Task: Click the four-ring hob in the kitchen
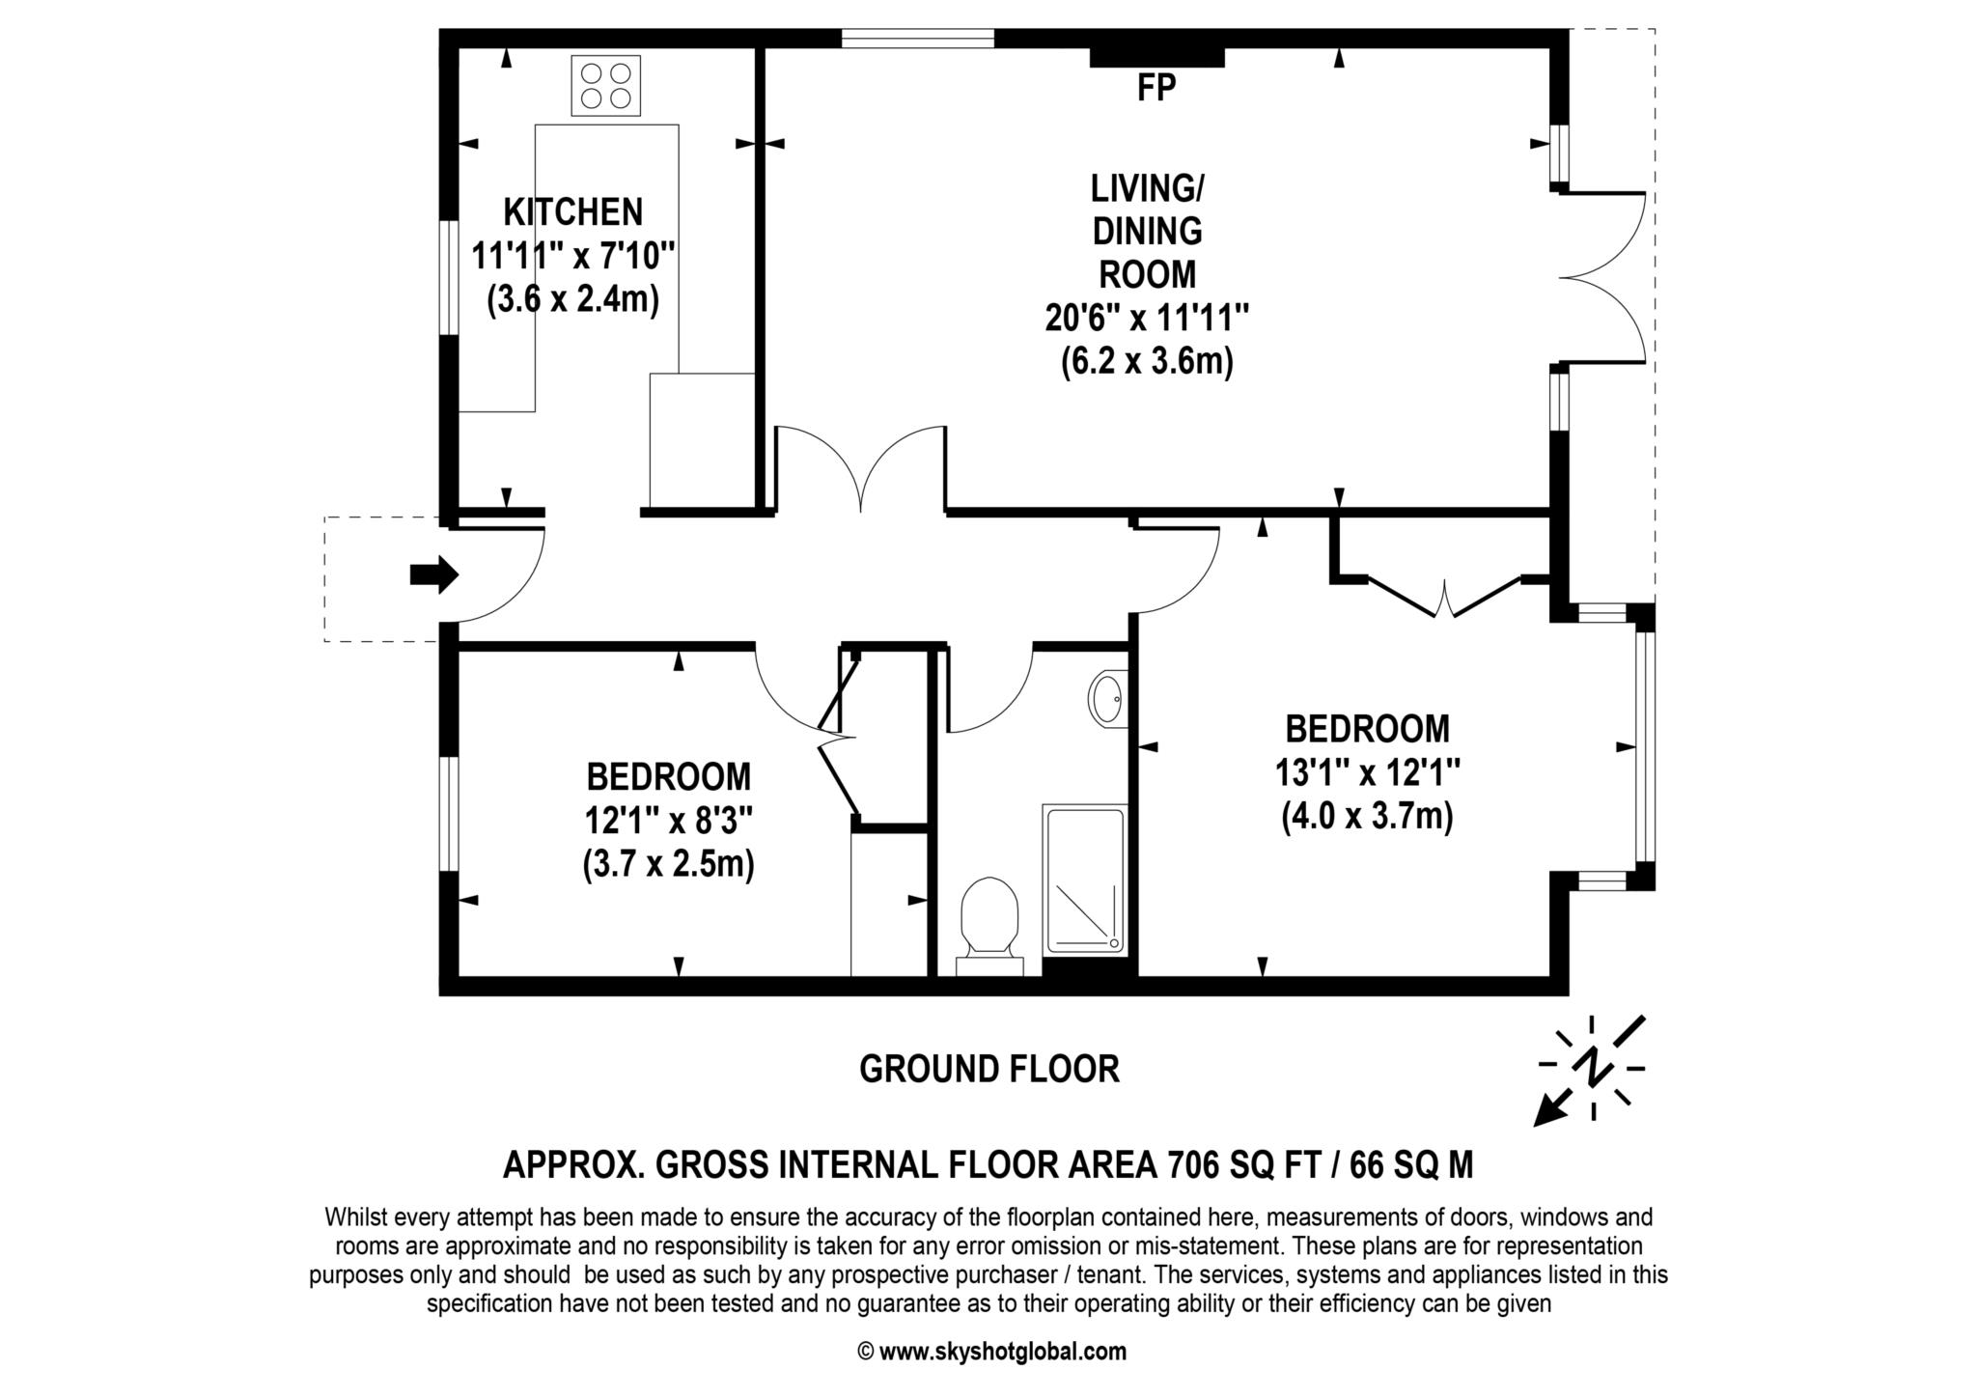tap(605, 86)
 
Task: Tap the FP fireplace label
tap(1156, 89)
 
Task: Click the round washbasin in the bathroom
tap(1106, 697)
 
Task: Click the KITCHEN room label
tap(573, 211)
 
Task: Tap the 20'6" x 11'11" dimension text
tap(1147, 318)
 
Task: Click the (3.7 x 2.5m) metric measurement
tap(668, 863)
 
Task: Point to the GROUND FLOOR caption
tap(988, 1069)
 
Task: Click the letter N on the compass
tap(1592, 1067)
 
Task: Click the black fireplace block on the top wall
tap(1156, 56)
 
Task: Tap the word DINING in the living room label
tap(1147, 232)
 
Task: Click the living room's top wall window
tap(917, 39)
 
